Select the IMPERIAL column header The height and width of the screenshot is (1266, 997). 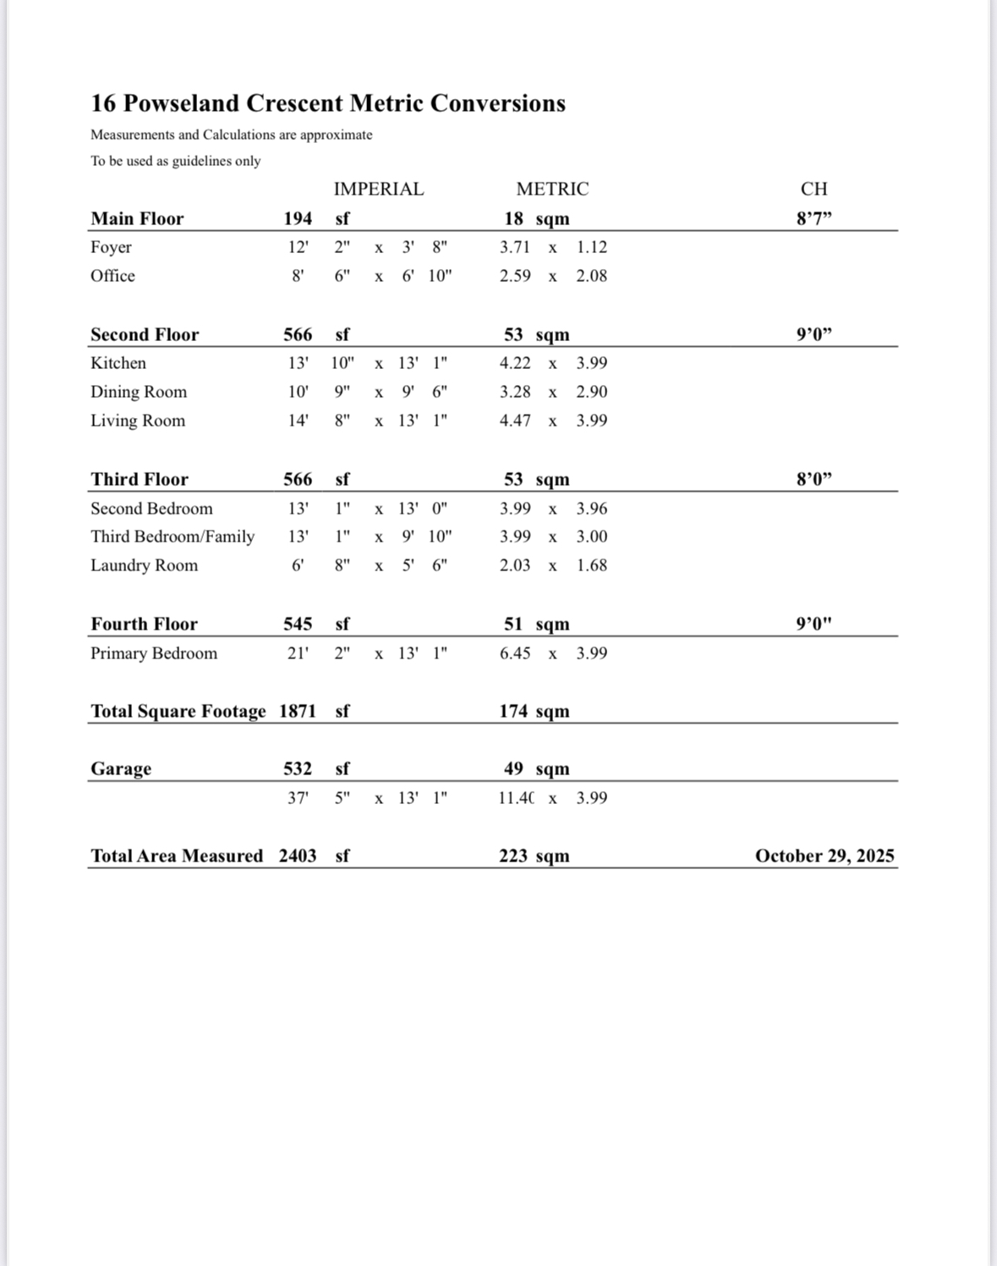378,189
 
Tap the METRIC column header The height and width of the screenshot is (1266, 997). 552,189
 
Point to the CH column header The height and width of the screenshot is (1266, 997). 813,189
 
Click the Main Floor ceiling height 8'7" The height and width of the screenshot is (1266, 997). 813,218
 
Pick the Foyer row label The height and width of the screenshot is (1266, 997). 111,247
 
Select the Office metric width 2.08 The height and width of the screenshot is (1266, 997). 591,276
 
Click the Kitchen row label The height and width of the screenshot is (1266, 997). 118,363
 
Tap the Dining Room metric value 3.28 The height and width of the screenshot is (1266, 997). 515,392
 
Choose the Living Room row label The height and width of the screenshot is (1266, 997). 138,421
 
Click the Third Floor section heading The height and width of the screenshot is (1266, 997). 140,479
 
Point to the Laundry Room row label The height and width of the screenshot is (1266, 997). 144,565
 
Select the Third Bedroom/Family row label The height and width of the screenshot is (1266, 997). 173,537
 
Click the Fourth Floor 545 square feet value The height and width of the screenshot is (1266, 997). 298,624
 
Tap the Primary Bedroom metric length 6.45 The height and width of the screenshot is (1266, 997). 515,653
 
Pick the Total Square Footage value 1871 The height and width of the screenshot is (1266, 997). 298,711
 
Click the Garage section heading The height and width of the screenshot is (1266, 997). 121,768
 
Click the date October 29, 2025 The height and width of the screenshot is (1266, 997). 824,856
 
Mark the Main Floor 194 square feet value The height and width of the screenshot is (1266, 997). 298,218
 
